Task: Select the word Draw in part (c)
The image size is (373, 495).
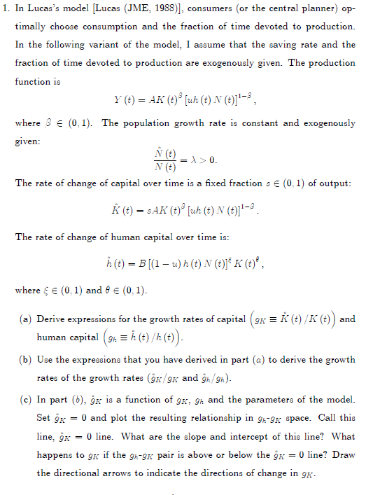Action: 342,454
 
